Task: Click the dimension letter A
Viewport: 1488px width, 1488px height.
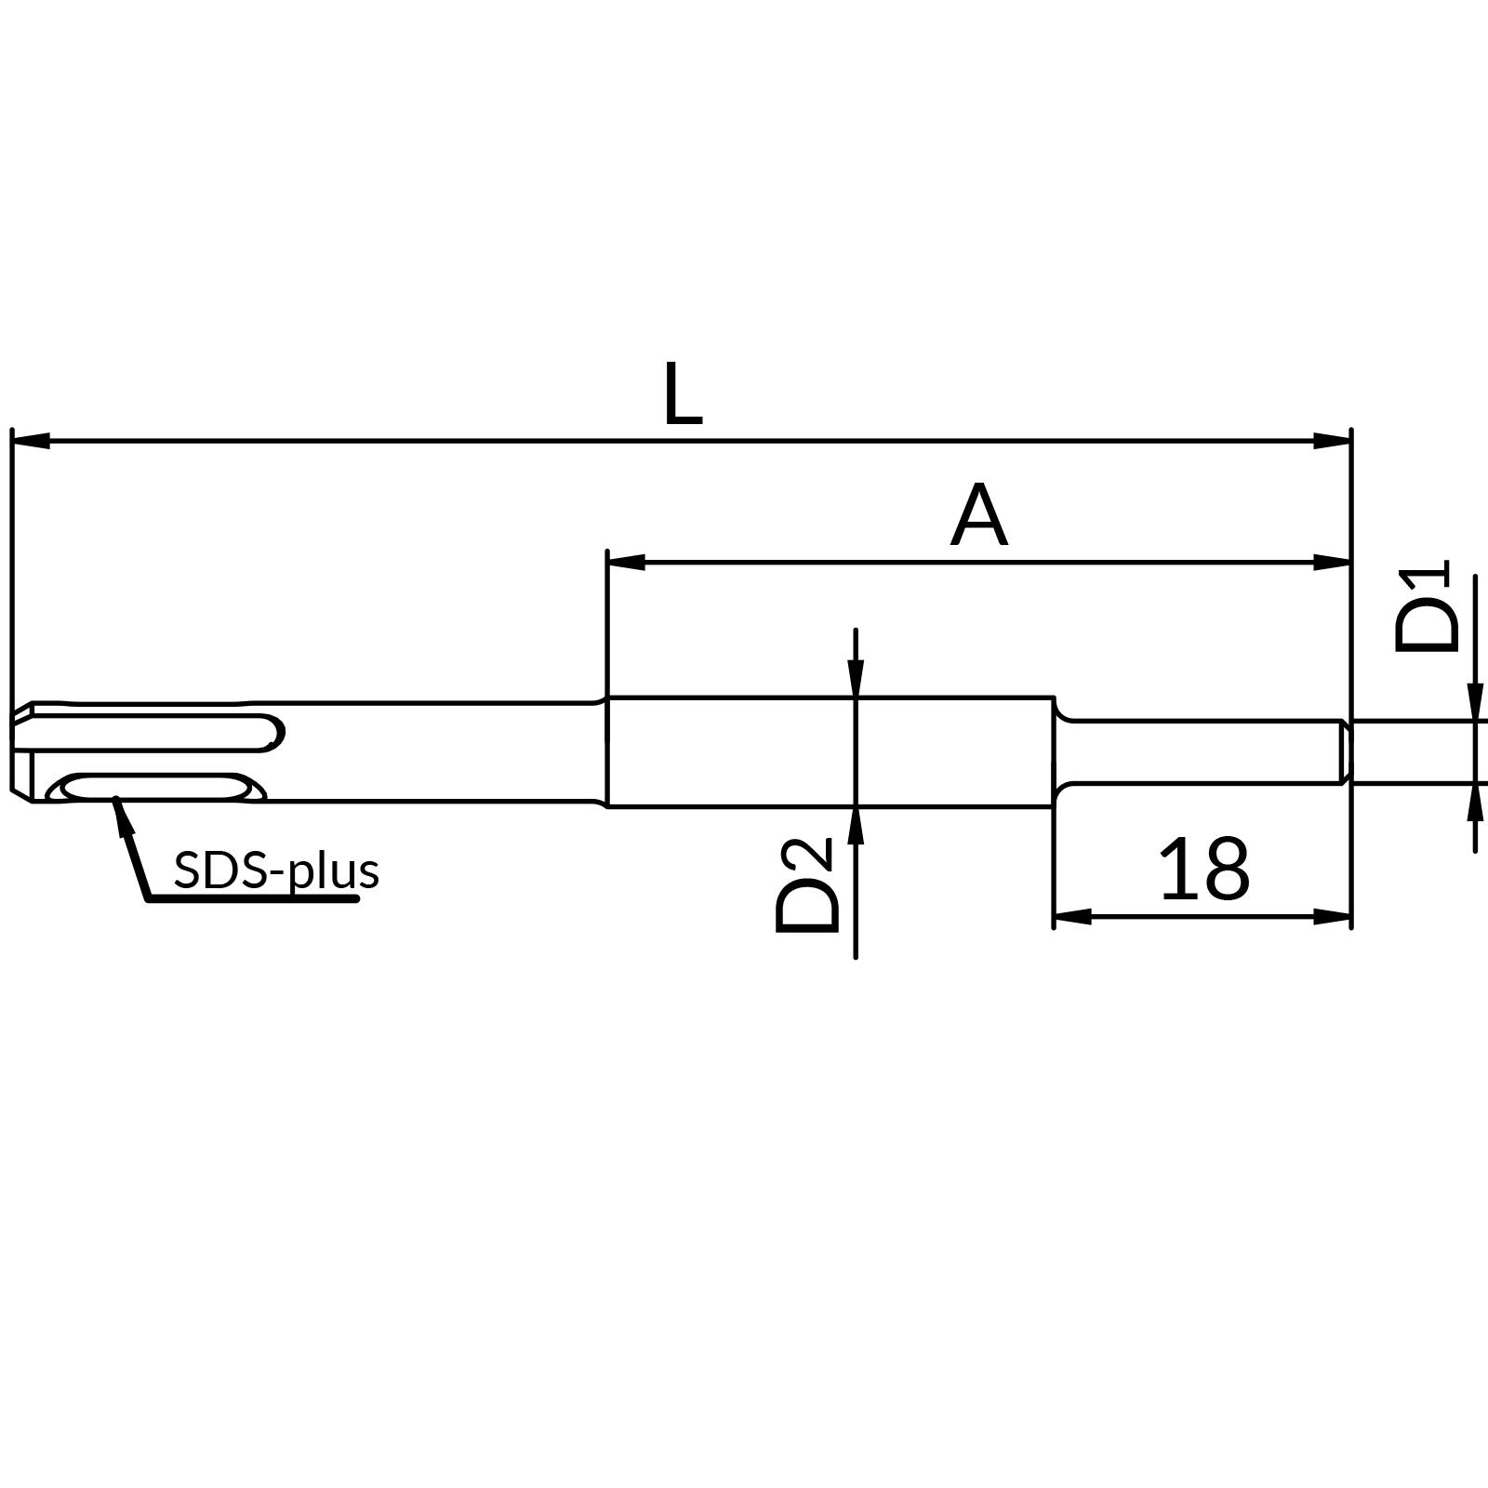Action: (978, 516)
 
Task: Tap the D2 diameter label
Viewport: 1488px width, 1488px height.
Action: (805, 884)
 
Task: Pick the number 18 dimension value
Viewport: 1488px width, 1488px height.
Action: (1203, 869)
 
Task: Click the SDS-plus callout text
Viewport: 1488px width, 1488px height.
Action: (276, 871)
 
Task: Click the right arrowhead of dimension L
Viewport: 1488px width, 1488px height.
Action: (1332, 440)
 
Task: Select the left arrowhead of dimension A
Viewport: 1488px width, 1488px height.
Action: (626, 562)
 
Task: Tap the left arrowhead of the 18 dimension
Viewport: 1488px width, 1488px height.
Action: (1072, 916)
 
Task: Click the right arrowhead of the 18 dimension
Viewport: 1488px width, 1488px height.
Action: (1332, 916)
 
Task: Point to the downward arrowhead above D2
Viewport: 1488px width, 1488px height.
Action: (856, 678)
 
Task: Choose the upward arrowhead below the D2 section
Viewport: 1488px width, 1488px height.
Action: (856, 825)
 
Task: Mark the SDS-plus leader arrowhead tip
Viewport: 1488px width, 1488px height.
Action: (115, 800)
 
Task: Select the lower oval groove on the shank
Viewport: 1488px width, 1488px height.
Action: (153, 787)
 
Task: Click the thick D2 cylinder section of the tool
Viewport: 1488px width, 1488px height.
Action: (828, 751)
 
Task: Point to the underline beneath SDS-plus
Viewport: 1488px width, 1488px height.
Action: (251, 899)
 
